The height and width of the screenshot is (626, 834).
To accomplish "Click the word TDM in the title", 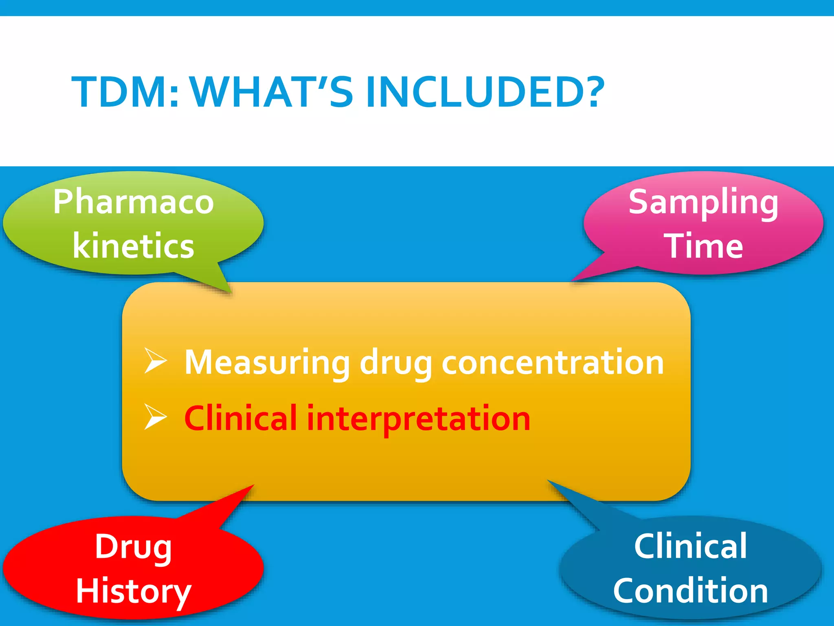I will click(125, 93).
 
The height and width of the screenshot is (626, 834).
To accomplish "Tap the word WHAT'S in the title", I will click(272, 93).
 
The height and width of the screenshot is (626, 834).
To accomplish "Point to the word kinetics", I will click(134, 246).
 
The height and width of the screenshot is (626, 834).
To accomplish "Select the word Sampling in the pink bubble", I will click(703, 203).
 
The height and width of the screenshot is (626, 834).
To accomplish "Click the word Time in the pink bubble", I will click(706, 246).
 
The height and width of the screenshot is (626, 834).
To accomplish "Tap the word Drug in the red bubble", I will click(134, 547).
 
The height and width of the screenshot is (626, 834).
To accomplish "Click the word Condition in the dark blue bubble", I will click(691, 591).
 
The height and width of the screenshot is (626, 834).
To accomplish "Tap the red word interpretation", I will click(419, 419).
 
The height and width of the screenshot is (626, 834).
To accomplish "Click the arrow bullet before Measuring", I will click(155, 361).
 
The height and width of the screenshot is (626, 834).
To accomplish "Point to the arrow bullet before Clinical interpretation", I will click(155, 418).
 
